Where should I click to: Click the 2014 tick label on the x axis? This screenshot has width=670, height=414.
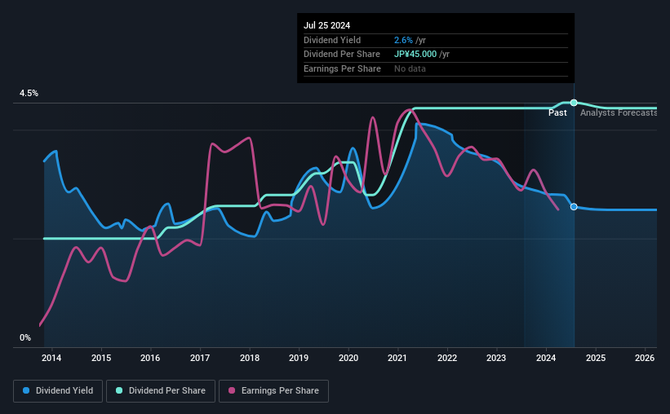(51, 358)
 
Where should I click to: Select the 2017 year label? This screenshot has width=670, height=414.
(200, 358)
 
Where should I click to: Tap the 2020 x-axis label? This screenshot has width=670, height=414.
(348, 358)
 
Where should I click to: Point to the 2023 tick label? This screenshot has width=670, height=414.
(496, 358)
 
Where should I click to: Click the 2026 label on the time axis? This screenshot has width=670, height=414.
(645, 358)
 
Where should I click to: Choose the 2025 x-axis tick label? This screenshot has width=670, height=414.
(596, 358)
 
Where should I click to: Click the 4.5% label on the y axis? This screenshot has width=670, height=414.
(29, 93)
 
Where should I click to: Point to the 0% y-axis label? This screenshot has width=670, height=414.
(25, 337)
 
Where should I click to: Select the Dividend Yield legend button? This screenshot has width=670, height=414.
(58, 391)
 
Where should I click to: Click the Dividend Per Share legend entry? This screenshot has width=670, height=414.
(161, 391)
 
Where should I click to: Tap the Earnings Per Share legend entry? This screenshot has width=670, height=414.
(273, 391)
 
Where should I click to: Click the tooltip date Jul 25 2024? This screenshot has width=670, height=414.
(327, 25)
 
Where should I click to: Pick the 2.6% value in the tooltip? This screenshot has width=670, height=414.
(403, 40)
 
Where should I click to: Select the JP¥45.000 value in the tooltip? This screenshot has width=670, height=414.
(415, 55)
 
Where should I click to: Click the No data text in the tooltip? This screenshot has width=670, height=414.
(410, 68)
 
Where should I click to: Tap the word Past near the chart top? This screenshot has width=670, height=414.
(557, 112)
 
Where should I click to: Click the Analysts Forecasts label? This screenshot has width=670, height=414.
(619, 112)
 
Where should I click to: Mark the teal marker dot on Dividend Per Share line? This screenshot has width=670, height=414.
(574, 103)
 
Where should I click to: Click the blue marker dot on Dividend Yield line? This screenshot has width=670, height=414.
(574, 206)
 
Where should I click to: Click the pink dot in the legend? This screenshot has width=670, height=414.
(232, 390)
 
